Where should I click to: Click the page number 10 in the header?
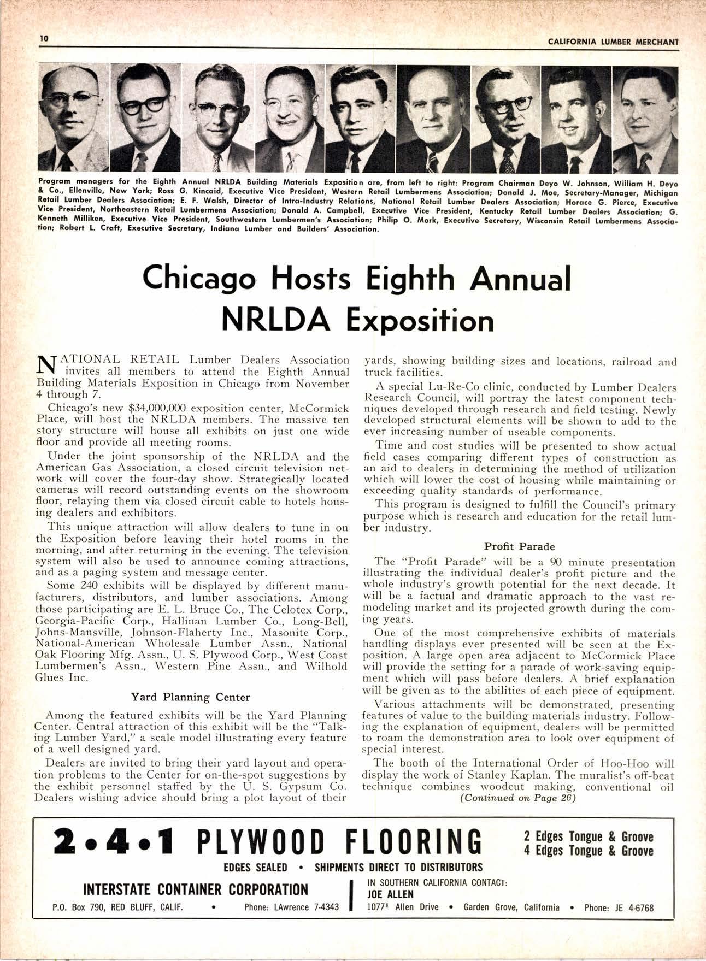point(44,39)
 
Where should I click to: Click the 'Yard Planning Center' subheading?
point(191,697)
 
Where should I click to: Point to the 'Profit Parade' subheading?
point(519,546)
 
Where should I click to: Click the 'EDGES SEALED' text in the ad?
point(255,868)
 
